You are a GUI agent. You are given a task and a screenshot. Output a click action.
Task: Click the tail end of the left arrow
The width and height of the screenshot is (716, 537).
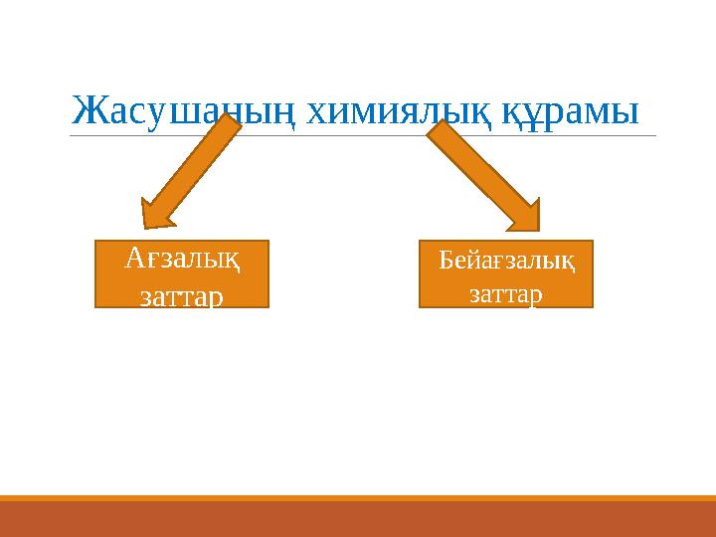point(236,125)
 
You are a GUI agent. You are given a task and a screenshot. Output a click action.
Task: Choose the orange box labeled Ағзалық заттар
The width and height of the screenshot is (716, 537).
point(181,272)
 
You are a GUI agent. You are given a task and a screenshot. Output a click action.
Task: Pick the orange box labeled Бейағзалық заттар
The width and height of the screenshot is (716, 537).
point(505,272)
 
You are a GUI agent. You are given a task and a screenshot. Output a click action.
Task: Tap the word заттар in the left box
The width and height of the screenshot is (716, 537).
point(181,295)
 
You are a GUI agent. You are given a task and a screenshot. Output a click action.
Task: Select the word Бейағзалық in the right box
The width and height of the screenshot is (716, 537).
point(505,262)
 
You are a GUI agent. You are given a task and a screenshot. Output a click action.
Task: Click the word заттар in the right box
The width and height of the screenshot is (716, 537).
point(505,293)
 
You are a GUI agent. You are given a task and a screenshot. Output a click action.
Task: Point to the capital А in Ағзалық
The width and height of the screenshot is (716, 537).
point(136,258)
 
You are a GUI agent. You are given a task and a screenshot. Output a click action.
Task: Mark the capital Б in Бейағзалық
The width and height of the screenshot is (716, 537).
point(446,261)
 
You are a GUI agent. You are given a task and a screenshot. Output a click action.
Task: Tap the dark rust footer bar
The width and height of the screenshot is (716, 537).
point(358,519)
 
